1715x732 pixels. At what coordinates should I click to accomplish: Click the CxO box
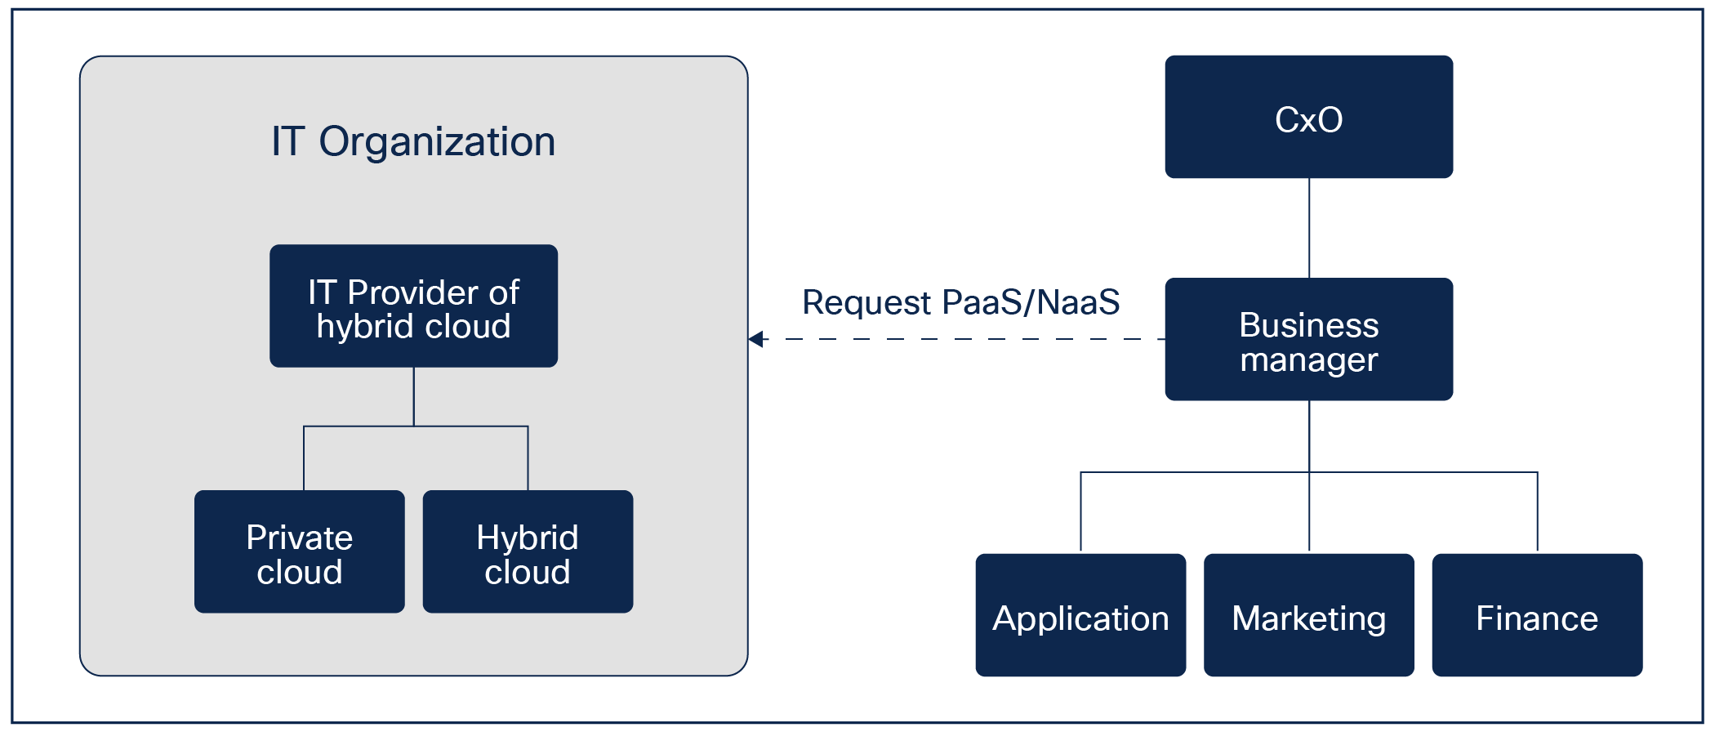click(x=1308, y=117)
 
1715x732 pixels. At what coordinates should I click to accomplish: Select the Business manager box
click(x=1308, y=340)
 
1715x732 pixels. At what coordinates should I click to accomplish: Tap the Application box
click(x=1080, y=616)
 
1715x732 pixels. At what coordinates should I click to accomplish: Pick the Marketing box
click(x=1308, y=616)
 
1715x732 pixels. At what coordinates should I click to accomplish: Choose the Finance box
click(x=1536, y=616)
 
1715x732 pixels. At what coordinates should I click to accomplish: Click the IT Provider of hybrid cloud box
click(x=413, y=306)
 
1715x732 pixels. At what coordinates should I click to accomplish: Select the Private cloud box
click(x=299, y=552)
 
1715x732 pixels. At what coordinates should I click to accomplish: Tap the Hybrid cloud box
click(x=528, y=552)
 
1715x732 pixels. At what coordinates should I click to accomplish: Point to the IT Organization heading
click(x=413, y=142)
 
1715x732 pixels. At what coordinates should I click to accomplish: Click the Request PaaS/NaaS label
click(x=960, y=302)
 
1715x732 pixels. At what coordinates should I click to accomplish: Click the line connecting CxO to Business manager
click(x=1309, y=229)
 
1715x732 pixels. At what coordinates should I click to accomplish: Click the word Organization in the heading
click(x=437, y=142)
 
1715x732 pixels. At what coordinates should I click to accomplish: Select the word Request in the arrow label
click(x=866, y=303)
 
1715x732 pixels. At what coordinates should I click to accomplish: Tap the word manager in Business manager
click(x=1309, y=359)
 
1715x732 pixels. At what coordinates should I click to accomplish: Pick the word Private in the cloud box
click(x=300, y=538)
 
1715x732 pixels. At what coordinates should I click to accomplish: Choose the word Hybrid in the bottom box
click(x=528, y=538)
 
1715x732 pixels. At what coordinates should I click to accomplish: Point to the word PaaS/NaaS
click(x=1031, y=302)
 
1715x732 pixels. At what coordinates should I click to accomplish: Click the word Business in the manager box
click(x=1309, y=325)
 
